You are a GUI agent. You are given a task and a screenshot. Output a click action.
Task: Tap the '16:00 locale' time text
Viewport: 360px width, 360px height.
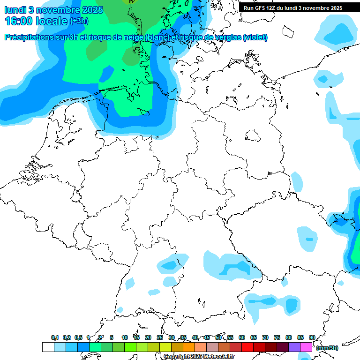point(36,21)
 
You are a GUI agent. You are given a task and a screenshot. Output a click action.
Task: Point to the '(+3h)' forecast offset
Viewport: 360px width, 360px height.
point(79,21)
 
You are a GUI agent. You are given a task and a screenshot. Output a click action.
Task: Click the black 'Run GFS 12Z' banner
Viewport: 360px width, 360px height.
point(292,8)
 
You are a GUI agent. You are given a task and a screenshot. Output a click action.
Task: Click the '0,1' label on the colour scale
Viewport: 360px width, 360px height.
point(55,337)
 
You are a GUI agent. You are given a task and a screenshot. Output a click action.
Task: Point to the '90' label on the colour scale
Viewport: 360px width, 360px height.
point(312,337)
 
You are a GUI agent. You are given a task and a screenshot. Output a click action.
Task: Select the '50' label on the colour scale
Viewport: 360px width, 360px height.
point(218,337)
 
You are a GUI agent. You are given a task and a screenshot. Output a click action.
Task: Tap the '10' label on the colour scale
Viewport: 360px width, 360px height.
point(125,337)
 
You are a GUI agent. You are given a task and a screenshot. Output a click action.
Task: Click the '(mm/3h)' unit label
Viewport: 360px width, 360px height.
point(327,348)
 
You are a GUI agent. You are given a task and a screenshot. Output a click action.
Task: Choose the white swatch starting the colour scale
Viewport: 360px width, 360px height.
point(48,347)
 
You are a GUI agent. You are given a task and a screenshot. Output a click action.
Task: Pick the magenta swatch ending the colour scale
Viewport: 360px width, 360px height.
point(306,347)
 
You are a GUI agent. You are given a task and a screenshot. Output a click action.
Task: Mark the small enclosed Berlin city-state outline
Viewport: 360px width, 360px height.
point(254,136)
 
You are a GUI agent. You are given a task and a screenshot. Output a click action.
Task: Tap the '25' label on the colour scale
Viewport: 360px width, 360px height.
point(160,337)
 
